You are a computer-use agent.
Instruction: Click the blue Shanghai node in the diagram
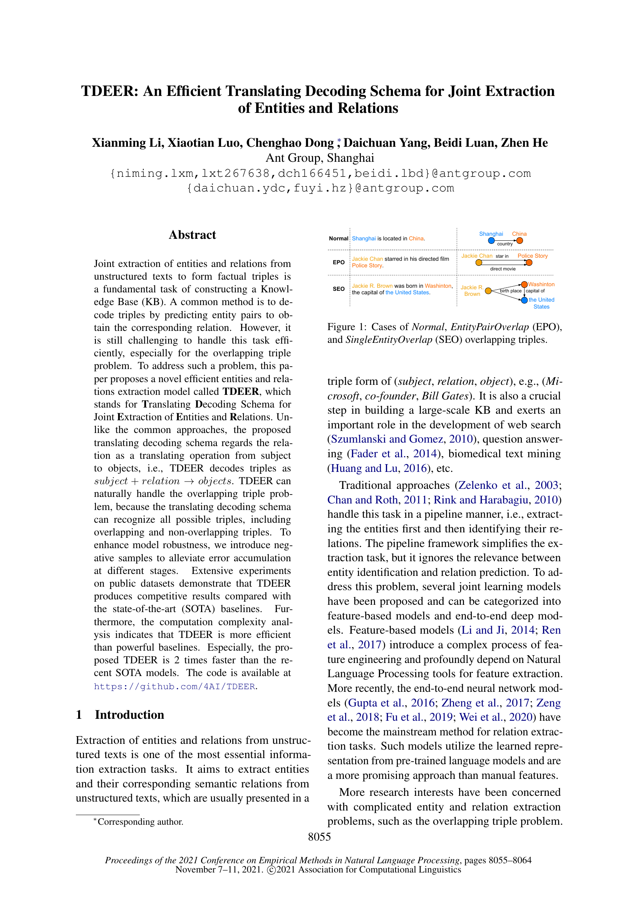(x=491, y=240)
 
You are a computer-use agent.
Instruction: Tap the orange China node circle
(x=520, y=240)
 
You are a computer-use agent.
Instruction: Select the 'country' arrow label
(x=505, y=244)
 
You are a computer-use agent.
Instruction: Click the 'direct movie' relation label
(x=503, y=269)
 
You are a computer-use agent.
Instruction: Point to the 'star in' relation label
(x=502, y=256)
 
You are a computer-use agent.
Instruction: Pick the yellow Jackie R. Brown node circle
(x=488, y=291)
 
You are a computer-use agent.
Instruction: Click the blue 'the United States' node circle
(x=525, y=300)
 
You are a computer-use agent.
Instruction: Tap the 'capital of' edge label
(x=535, y=291)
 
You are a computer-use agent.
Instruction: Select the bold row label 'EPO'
(x=339, y=262)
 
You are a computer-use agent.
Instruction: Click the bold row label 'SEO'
(x=339, y=289)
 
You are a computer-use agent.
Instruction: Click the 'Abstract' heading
(x=192, y=235)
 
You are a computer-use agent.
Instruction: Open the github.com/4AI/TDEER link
(x=174, y=686)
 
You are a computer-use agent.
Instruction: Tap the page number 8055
(x=319, y=837)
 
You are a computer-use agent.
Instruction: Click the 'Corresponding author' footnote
(x=140, y=822)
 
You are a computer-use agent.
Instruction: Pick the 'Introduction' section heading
(x=129, y=715)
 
